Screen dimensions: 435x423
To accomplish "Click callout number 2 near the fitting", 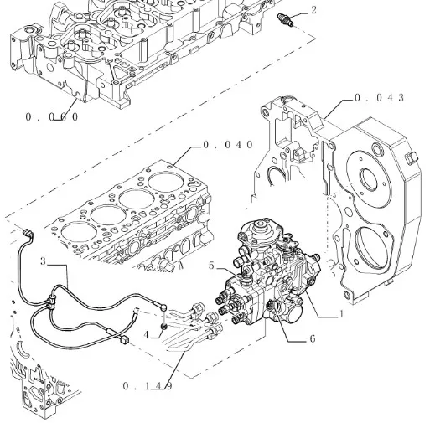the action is (313, 10).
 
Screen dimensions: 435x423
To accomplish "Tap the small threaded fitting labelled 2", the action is (285, 19).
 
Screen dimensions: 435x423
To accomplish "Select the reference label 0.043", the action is (380, 98).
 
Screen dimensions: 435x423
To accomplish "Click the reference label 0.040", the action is (228, 145).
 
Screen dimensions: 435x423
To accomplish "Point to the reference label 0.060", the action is (52, 117).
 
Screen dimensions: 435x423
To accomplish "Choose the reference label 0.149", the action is (148, 386).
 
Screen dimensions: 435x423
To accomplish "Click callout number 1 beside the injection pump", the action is (341, 314).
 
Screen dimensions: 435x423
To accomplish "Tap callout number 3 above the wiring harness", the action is (43, 261).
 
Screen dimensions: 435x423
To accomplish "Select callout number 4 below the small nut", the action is (147, 335).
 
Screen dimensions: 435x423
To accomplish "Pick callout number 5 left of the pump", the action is (211, 266).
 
